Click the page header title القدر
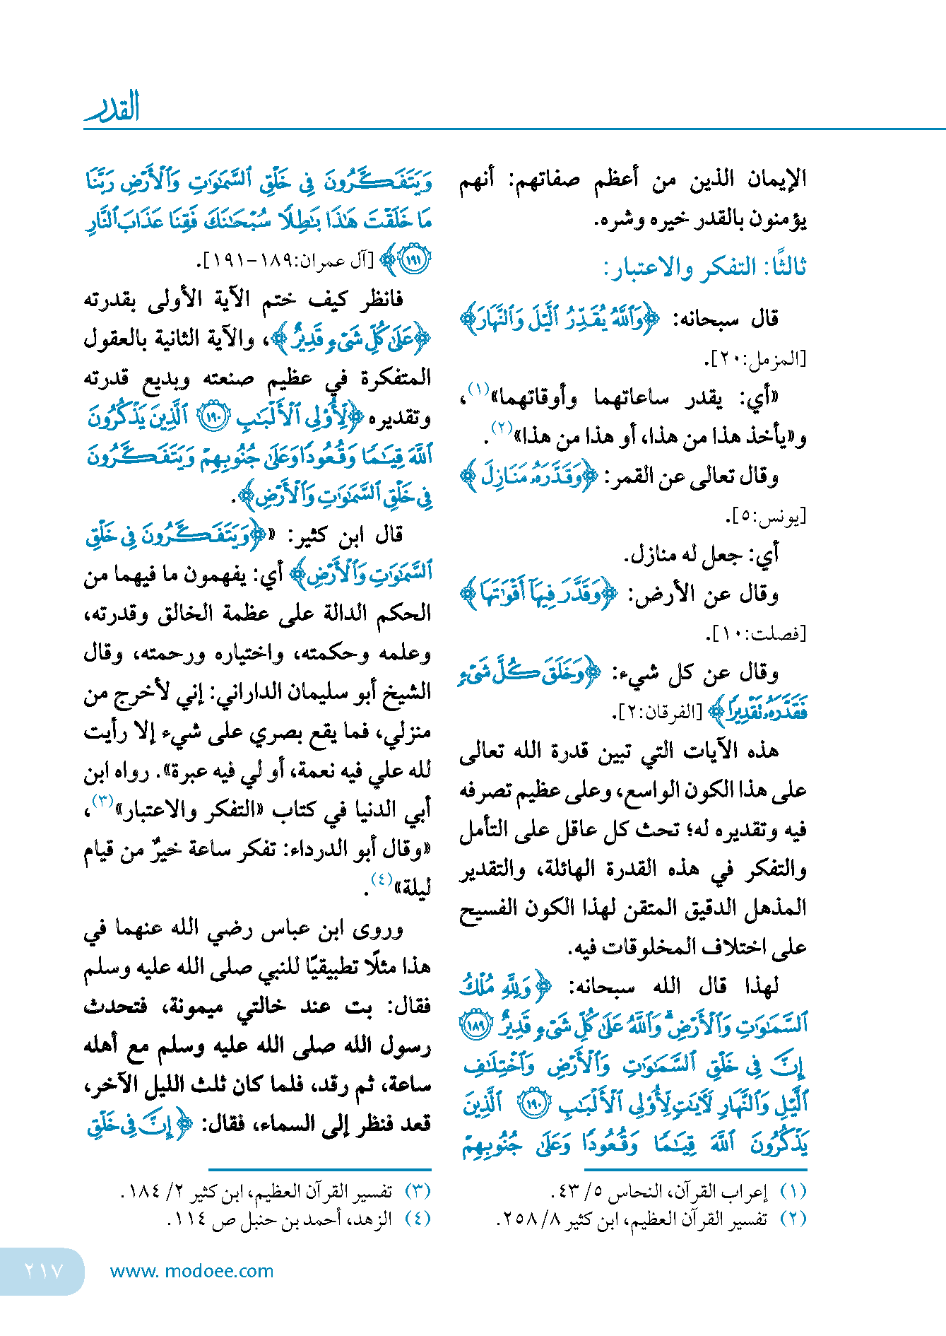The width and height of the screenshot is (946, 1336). [x=112, y=107]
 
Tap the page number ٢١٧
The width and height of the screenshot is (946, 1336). [x=44, y=1270]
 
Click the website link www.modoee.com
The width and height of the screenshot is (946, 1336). [x=191, y=1270]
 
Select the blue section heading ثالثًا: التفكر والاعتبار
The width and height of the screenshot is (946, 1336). [x=704, y=269]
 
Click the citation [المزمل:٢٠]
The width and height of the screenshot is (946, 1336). [x=755, y=359]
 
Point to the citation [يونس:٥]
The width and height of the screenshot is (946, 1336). [x=766, y=516]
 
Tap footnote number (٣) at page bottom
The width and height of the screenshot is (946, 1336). [x=417, y=1191]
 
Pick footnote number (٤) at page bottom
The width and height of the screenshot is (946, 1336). [x=417, y=1218]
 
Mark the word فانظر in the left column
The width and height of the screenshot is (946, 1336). [x=379, y=300]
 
